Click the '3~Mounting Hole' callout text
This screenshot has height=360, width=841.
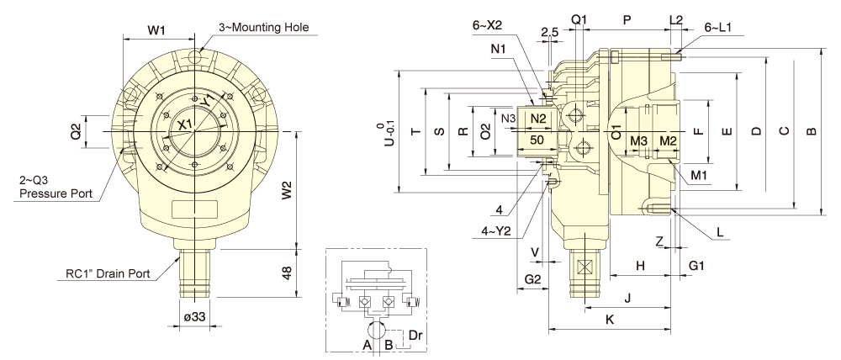[263, 28]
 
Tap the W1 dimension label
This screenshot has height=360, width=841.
[156, 31]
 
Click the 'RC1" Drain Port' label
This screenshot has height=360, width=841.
[108, 273]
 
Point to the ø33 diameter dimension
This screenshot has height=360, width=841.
[194, 316]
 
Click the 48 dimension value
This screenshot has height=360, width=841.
[288, 273]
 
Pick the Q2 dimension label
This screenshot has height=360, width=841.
[77, 132]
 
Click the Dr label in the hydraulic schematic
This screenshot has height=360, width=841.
[415, 336]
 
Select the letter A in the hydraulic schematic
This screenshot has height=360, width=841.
[368, 346]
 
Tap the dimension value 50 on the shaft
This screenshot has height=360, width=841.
[537, 140]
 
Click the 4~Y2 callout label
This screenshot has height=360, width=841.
[497, 232]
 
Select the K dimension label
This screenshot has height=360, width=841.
[609, 320]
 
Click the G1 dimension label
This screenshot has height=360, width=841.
[696, 266]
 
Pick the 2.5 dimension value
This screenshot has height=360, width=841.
[550, 32]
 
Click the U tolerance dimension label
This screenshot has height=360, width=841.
[393, 135]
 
